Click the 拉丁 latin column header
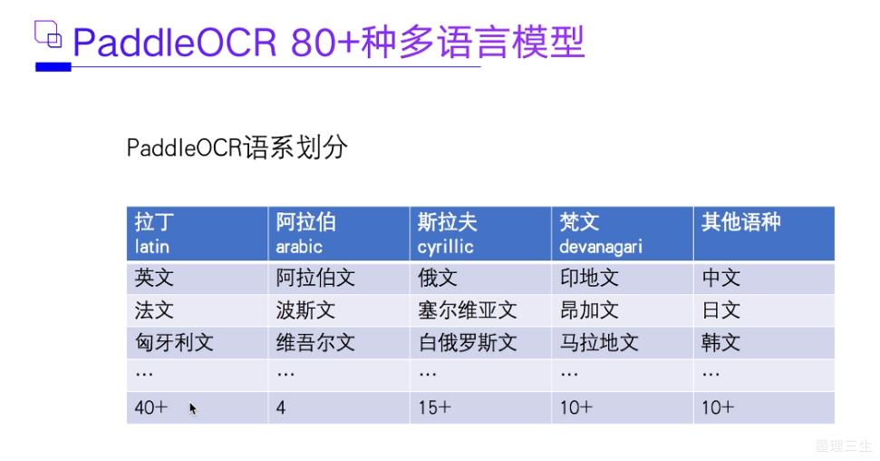coord(197,233)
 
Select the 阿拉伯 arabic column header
coord(338,233)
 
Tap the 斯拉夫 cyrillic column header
coord(479,233)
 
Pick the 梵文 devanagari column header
coord(622,233)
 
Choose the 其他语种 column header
coord(763,233)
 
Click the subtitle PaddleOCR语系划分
coord(237,148)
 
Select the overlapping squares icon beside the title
coord(48,35)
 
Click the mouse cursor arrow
coord(192,408)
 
